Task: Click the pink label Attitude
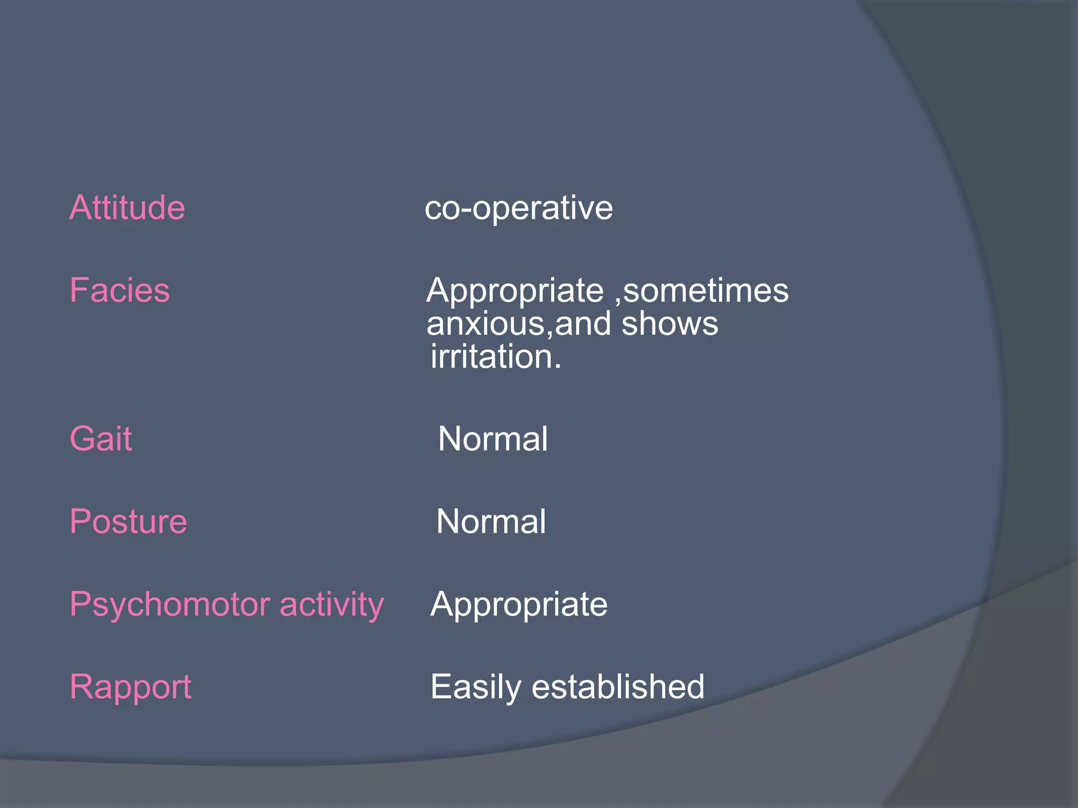pyautogui.click(x=127, y=207)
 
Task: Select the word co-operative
pyautogui.click(x=518, y=208)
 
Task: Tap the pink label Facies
pyautogui.click(x=120, y=290)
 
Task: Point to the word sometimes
pyautogui.click(x=705, y=290)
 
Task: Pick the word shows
pyautogui.click(x=670, y=324)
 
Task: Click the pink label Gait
pyautogui.click(x=101, y=439)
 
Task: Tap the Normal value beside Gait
pyautogui.click(x=493, y=439)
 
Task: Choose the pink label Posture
pyautogui.click(x=128, y=521)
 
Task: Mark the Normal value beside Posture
pyautogui.click(x=491, y=521)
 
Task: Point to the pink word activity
pyautogui.click(x=332, y=604)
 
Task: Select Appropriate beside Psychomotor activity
pyautogui.click(x=518, y=604)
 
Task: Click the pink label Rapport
pyautogui.click(x=131, y=687)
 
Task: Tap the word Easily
pyautogui.click(x=476, y=687)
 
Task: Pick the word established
pyautogui.click(x=618, y=687)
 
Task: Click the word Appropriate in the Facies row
pyautogui.click(x=515, y=291)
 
